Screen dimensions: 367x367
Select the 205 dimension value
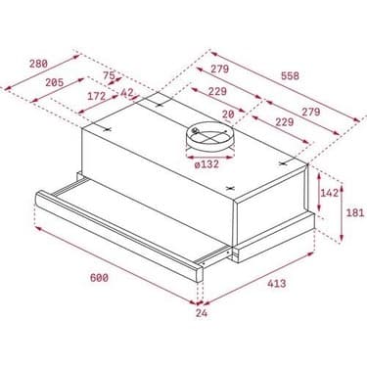click(x=56, y=84)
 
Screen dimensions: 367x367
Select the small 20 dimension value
click(x=226, y=114)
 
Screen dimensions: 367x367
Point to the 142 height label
click(x=329, y=194)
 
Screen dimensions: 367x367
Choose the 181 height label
click(x=356, y=210)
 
